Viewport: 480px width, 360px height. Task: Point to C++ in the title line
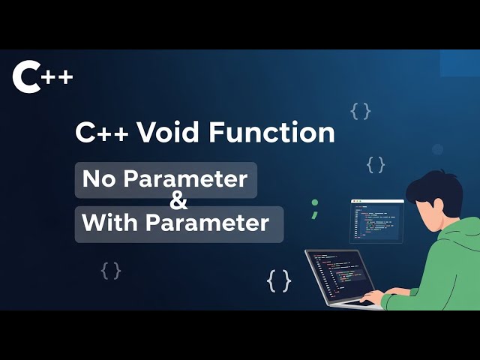[x=101, y=133]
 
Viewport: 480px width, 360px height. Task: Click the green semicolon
[x=315, y=208]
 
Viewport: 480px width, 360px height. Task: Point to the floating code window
[x=376, y=220]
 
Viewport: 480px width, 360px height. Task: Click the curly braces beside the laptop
[x=279, y=281]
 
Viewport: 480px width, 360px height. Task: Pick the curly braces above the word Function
[x=360, y=112]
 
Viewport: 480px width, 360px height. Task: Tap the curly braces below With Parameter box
[x=111, y=270]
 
